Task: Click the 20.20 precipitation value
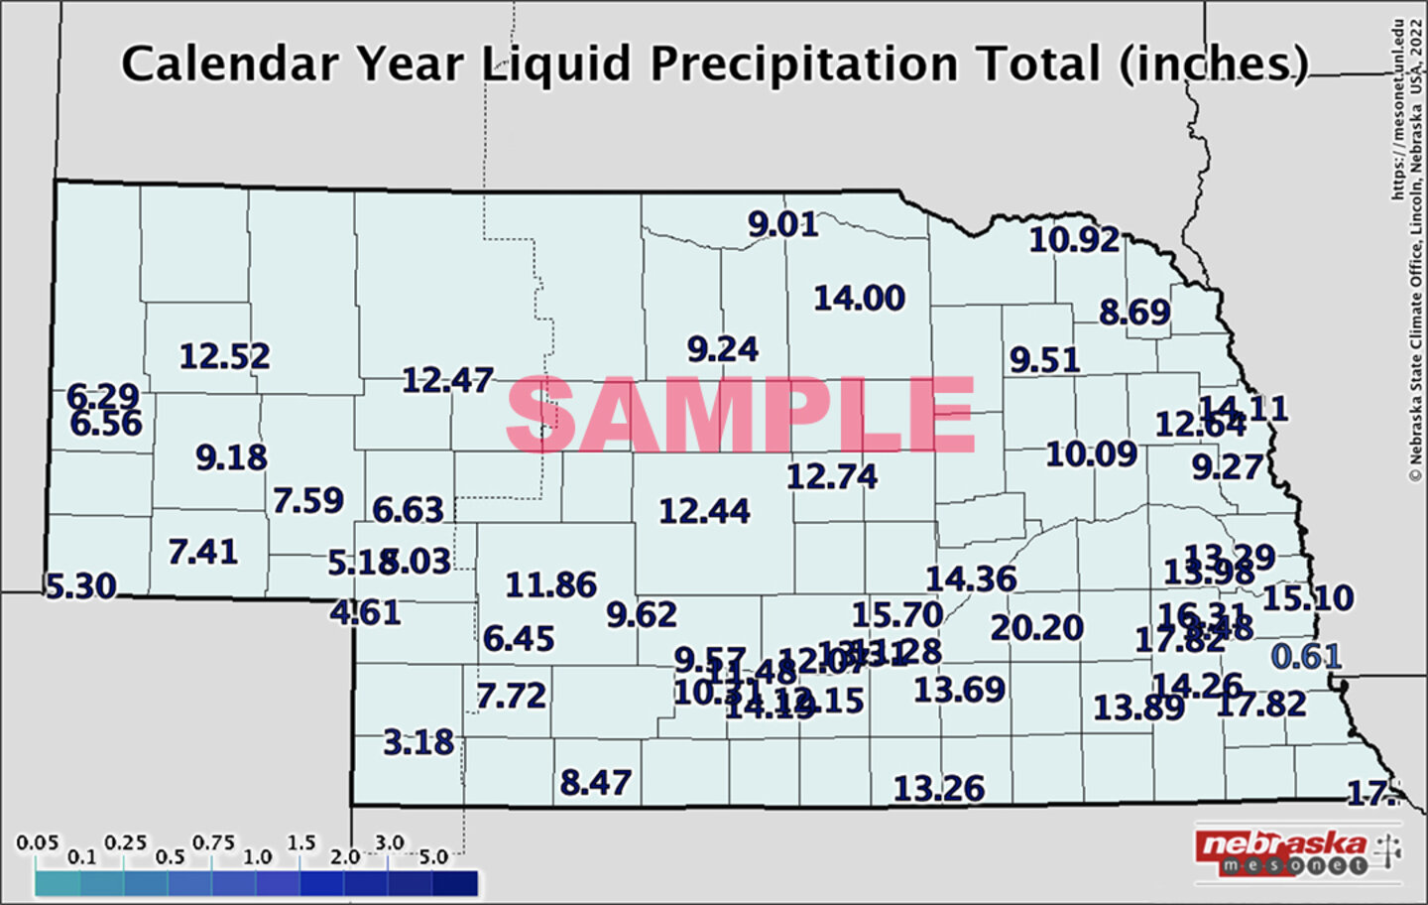tap(1036, 628)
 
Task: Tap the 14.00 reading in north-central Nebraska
tap(859, 298)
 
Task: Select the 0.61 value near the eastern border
tap(1306, 656)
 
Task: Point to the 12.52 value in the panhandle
tap(224, 356)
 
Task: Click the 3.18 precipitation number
tap(418, 741)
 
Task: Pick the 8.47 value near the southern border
tap(595, 783)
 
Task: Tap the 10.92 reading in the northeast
tap(1074, 239)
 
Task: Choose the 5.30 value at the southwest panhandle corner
tap(81, 585)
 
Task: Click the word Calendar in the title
tap(229, 65)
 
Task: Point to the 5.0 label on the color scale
tap(433, 856)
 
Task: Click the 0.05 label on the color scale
tap(37, 842)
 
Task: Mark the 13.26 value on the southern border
tap(939, 789)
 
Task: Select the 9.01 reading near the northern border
tap(782, 224)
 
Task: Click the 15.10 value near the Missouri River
tap(1307, 597)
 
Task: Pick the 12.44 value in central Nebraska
tap(704, 511)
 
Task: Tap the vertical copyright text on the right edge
tap(1407, 248)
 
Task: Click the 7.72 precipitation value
tap(511, 696)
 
